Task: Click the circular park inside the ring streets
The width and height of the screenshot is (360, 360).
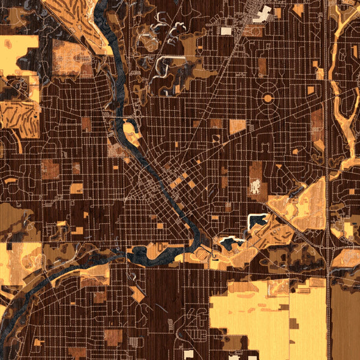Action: coord(268,97)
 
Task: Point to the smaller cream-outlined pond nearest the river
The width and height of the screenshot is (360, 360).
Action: coord(230,242)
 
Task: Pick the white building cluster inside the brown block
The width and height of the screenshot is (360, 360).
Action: coord(256,188)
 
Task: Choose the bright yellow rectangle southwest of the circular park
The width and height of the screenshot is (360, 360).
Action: coord(238,127)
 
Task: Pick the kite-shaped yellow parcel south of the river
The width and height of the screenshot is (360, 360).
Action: coord(138,294)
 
